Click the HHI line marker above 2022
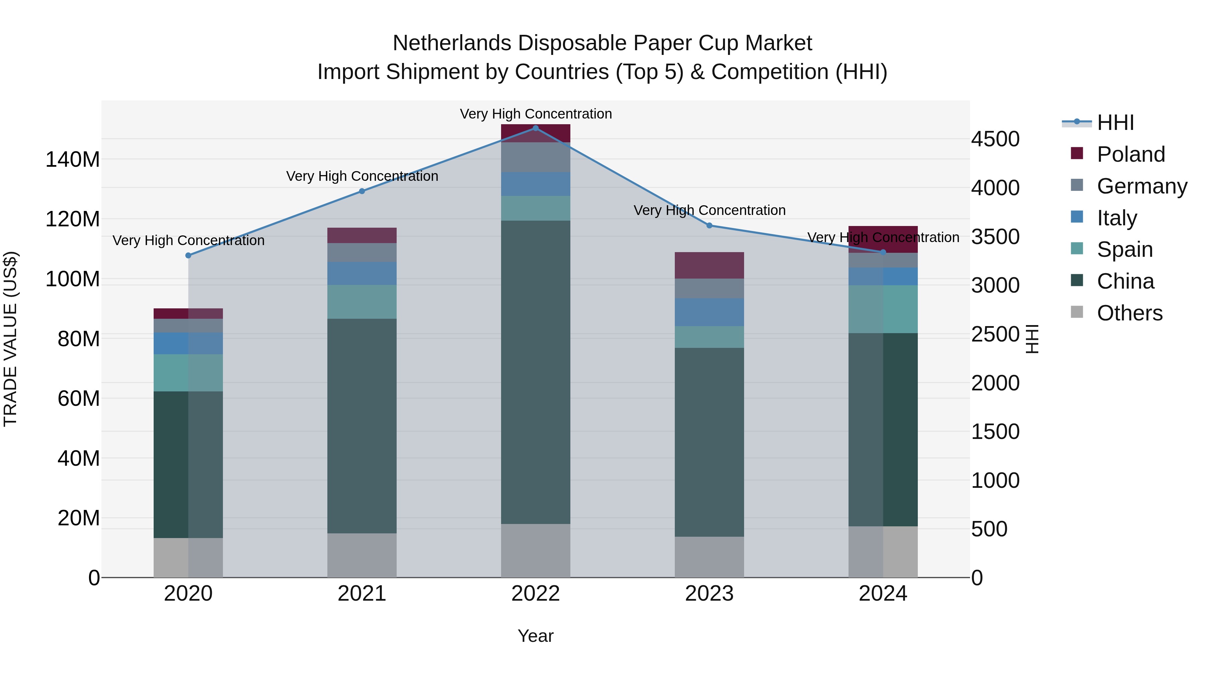click(536, 128)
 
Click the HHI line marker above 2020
click(188, 255)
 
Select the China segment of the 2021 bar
click(361, 426)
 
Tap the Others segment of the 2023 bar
click(709, 557)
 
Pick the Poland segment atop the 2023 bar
click(709, 265)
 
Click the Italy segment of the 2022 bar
click(536, 184)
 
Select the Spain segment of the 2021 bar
click(361, 302)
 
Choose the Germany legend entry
click(1141, 186)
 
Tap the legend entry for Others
click(1129, 313)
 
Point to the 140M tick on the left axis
click(73, 160)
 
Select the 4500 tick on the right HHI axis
click(995, 139)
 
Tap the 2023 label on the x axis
click(709, 594)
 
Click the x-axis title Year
click(536, 636)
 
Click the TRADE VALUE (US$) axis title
click(10, 339)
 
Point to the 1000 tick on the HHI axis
click(995, 480)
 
